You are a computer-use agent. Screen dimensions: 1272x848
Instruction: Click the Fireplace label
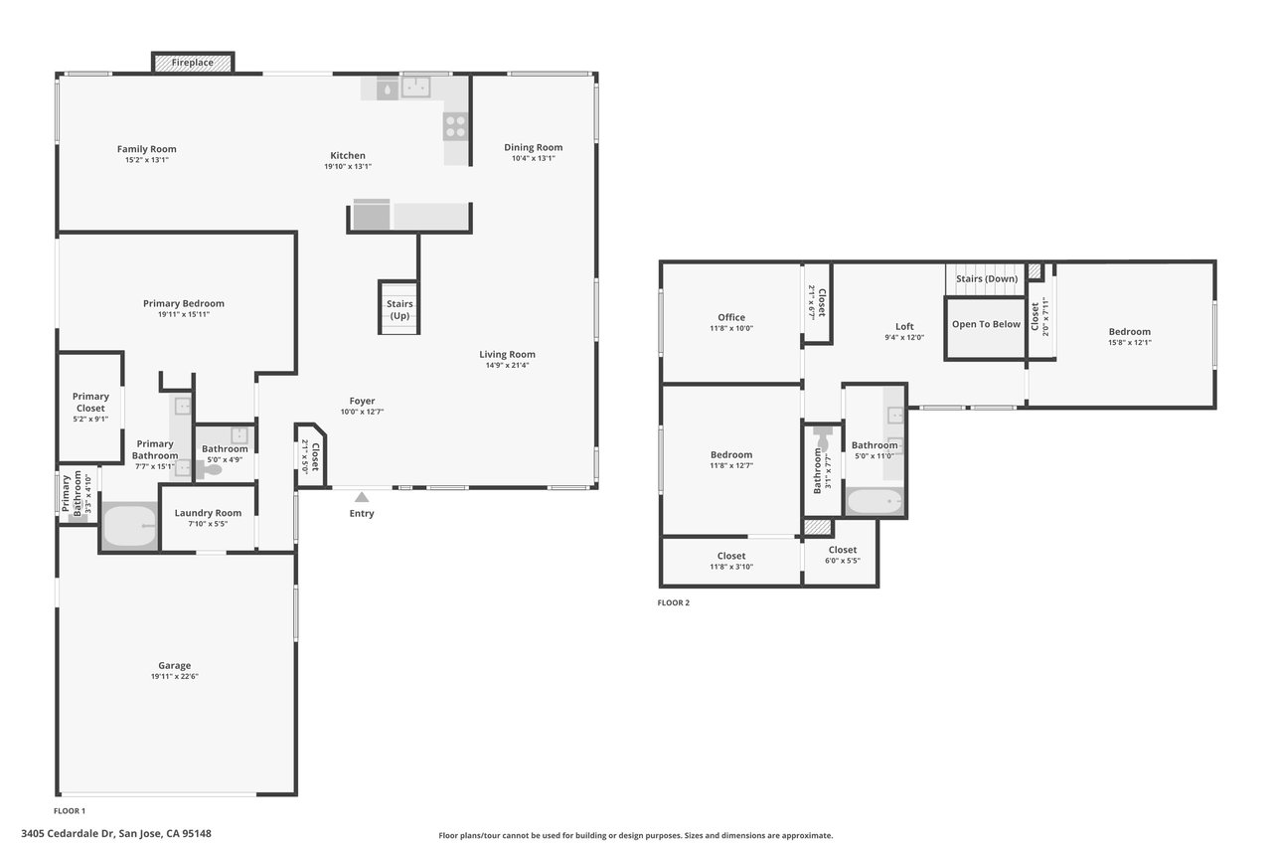(193, 63)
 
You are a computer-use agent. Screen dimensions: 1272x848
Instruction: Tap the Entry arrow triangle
(362, 497)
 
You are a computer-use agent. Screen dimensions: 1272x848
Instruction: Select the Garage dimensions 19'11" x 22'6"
(174, 676)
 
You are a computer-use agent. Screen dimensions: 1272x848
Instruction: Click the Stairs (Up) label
(399, 309)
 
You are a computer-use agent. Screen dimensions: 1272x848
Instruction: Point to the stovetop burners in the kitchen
(455, 126)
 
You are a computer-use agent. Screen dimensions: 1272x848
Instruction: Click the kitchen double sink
(415, 87)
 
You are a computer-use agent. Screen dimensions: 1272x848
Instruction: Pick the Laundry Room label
(208, 513)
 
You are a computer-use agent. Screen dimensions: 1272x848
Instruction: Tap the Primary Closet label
(90, 403)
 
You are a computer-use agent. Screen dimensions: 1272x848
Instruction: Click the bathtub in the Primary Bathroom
(130, 526)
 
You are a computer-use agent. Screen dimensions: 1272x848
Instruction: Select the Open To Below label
(987, 324)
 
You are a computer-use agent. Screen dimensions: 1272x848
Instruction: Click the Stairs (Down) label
(987, 279)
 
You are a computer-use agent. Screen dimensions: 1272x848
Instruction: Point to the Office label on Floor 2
(731, 317)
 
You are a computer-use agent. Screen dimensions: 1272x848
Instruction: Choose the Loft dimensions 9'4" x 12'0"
(904, 337)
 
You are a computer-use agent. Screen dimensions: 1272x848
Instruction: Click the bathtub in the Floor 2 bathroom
(874, 501)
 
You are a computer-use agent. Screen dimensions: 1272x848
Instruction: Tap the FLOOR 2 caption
(674, 602)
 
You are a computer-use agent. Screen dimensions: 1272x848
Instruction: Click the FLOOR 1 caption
(70, 811)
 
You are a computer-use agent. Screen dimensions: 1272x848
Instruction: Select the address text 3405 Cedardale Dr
(68, 834)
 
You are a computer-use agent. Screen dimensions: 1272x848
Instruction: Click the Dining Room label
(534, 148)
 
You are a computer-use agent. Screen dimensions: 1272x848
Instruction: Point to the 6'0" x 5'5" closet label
(843, 561)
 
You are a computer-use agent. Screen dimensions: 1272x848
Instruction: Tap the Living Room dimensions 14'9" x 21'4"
(507, 365)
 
